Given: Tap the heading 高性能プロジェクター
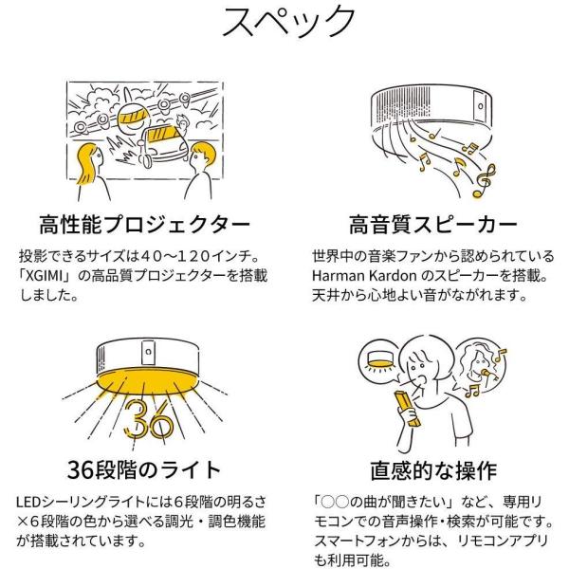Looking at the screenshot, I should point(141,227).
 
